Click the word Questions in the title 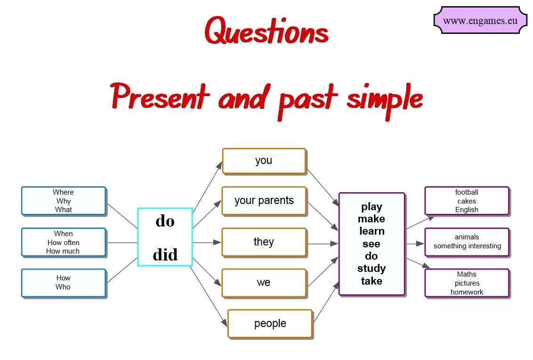point(266,32)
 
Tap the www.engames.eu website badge point(480,21)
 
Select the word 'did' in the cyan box point(165,255)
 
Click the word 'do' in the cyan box point(165,221)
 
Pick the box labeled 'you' point(264,161)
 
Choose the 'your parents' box point(264,201)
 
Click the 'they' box point(264,242)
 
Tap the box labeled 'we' point(264,283)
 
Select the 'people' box point(270,324)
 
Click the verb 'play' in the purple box point(371,207)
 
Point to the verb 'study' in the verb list point(371,269)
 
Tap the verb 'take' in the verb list point(371,281)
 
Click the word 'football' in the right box point(467,192)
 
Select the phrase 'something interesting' point(467,246)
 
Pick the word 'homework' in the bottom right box point(467,292)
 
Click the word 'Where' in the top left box point(63,192)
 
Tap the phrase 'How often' point(63,243)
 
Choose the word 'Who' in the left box point(63,287)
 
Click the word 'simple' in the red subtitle point(384,98)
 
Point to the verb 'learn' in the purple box point(371,231)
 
